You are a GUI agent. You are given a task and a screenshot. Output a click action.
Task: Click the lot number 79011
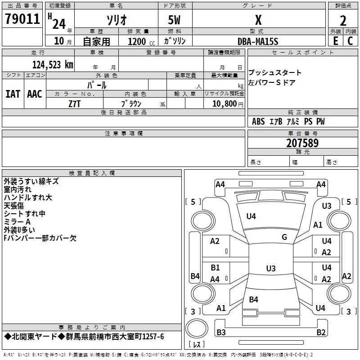click(22, 19)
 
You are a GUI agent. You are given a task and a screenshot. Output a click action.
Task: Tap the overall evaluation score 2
click(343, 20)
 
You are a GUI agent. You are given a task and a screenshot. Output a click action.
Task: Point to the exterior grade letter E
click(335, 41)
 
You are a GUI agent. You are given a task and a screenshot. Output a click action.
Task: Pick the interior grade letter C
click(350, 41)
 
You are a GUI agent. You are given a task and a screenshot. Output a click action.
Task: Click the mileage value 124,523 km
click(52, 64)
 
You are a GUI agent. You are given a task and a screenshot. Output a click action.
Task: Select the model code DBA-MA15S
click(258, 41)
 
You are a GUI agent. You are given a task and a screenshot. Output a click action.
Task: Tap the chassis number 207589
click(302, 143)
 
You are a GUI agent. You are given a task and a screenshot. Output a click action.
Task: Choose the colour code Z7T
click(75, 103)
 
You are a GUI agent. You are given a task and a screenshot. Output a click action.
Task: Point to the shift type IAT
click(13, 94)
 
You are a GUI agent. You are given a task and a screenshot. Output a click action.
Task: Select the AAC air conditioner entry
click(35, 94)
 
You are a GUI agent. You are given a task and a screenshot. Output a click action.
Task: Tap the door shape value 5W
click(174, 20)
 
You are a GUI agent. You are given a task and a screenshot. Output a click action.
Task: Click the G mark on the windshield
click(284, 237)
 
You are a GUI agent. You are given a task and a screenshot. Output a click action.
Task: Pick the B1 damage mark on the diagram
click(215, 268)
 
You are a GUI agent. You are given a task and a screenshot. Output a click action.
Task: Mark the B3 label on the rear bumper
click(221, 332)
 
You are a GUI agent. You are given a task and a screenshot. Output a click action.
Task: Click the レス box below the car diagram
click(197, 345)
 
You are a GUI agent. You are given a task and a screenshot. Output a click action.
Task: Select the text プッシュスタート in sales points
click(275, 73)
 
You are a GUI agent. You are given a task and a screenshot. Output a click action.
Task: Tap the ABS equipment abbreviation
click(258, 121)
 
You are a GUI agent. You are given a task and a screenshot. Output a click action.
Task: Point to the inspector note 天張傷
click(14, 205)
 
